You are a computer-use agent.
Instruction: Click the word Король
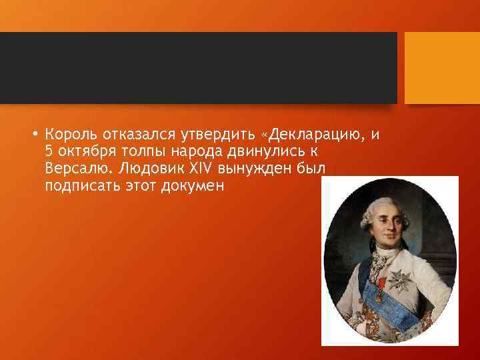[70, 134]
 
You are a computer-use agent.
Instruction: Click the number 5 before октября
[49, 151]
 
